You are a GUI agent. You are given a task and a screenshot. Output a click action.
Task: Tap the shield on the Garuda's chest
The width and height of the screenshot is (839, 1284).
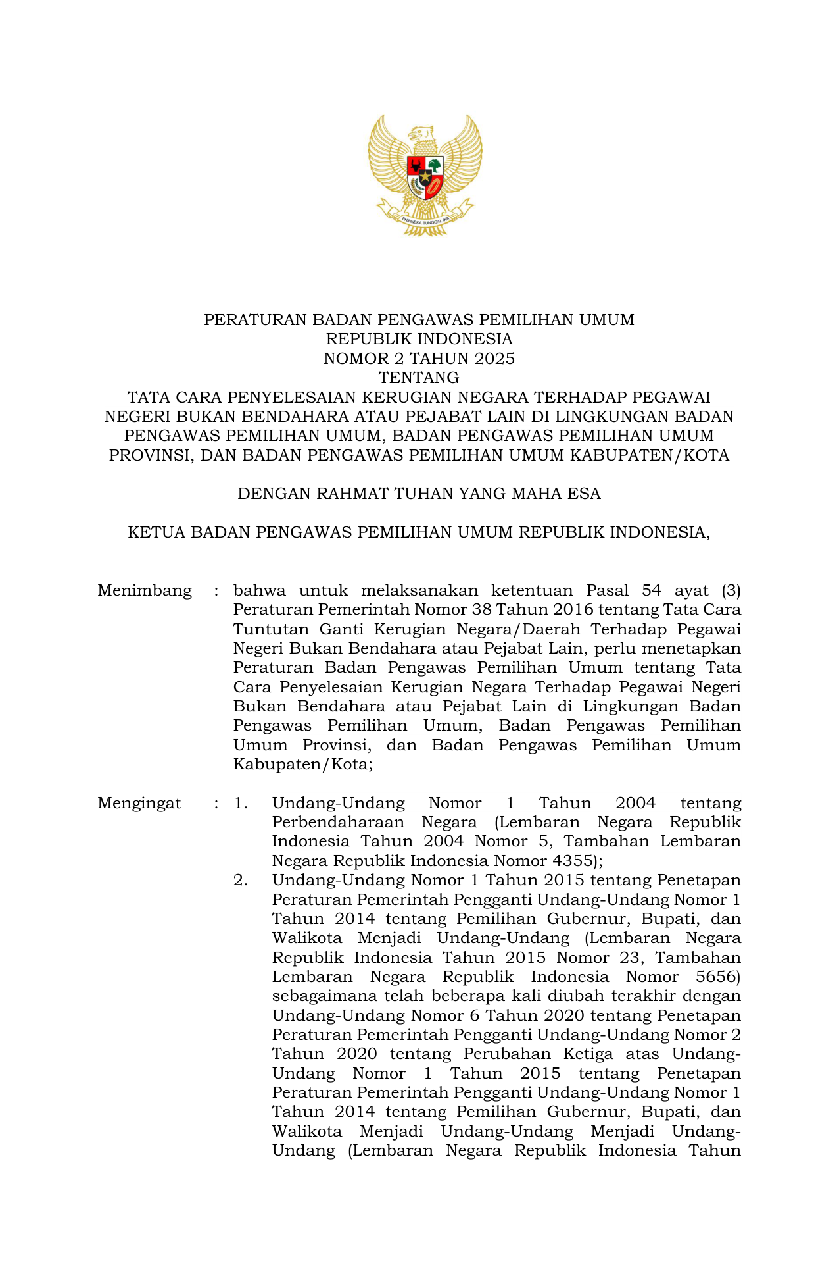425,178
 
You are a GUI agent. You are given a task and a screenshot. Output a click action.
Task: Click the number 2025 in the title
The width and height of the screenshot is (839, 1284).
496,359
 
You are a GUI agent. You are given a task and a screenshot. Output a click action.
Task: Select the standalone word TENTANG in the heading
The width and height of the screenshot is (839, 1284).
419,378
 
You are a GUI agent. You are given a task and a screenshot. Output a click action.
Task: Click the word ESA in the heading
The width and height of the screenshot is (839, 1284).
585,494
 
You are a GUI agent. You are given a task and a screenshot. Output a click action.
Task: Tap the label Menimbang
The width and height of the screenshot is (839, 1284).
145,590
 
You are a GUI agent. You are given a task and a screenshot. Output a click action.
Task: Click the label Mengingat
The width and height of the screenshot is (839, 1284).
139,803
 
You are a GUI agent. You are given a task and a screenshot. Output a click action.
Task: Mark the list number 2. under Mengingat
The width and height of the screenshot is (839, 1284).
241,880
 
